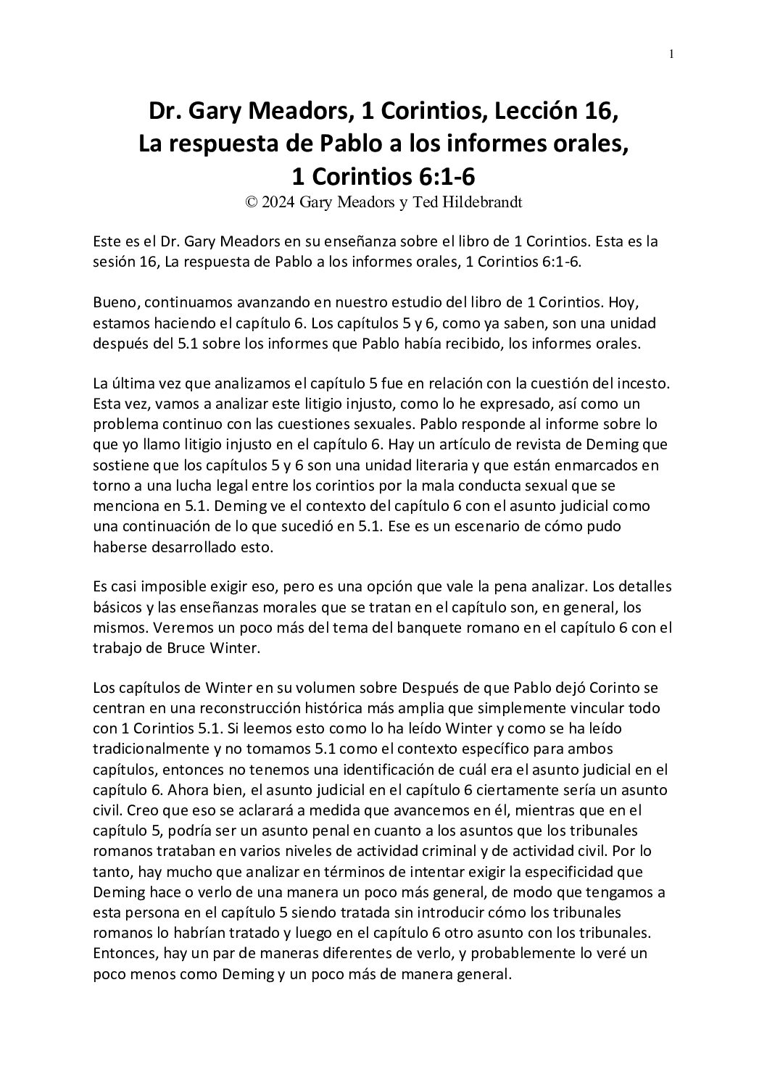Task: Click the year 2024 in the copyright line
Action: pos(279,203)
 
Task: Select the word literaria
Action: pos(439,464)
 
